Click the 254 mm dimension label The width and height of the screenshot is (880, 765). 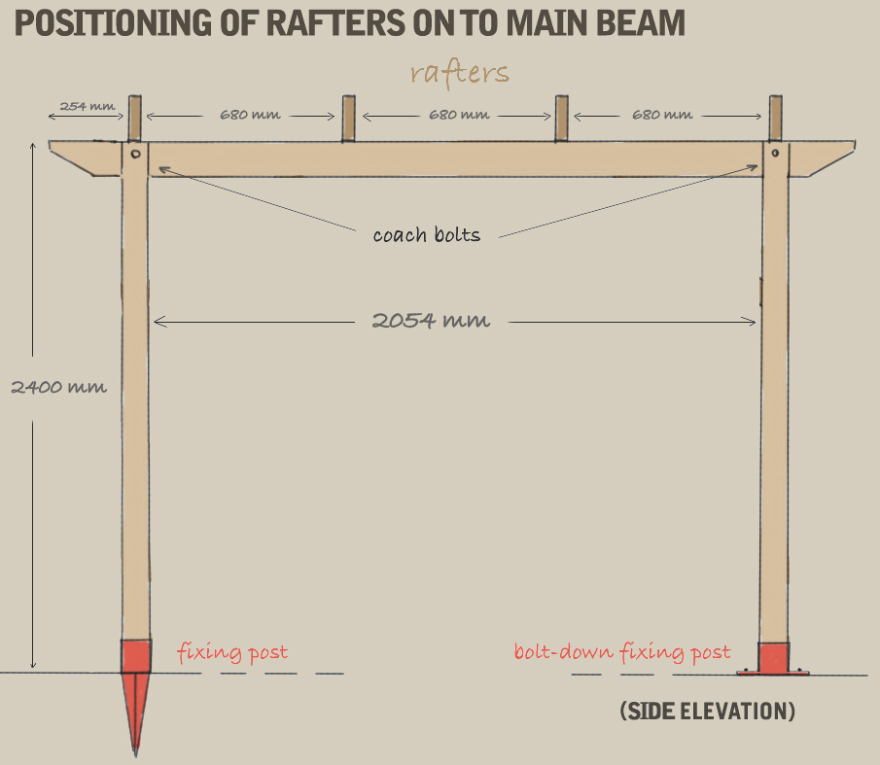coord(87,106)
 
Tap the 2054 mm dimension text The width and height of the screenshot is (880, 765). coord(431,320)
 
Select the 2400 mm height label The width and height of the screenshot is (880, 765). coord(58,386)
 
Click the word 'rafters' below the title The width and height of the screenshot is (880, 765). coord(459,73)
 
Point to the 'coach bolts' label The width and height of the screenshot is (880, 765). coord(426,234)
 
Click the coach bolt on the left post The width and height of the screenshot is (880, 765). coord(135,154)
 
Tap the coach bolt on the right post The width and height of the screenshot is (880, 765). coord(774,154)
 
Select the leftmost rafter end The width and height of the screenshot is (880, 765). coord(135,119)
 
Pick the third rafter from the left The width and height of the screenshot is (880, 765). coord(561,119)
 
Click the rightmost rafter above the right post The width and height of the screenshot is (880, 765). coord(775,119)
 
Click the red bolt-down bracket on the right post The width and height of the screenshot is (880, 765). coord(774,658)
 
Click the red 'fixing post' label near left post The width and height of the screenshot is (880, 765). coord(232,651)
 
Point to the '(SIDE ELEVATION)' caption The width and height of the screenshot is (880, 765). coord(707,712)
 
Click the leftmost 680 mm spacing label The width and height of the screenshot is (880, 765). coord(250,115)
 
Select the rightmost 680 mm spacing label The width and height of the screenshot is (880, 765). coord(662,115)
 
